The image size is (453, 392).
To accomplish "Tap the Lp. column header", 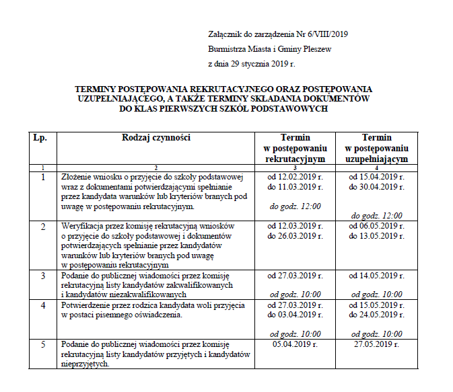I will click(40, 137).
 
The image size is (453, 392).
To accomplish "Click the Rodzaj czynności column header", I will click(156, 137).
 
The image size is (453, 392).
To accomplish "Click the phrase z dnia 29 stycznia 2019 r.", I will click(252, 64).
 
